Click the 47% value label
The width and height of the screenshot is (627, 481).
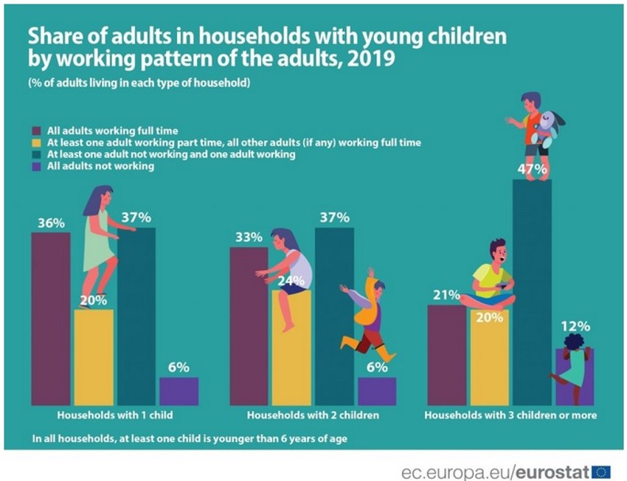(532, 170)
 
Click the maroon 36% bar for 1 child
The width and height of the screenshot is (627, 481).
(50, 317)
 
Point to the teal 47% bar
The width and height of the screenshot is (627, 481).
(532, 295)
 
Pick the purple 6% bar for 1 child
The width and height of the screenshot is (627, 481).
(179, 390)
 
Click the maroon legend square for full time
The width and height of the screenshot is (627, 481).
(37, 131)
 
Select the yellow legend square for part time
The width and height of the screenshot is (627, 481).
(37, 142)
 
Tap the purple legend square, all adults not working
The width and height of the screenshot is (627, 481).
(37, 167)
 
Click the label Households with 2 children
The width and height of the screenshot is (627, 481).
(313, 415)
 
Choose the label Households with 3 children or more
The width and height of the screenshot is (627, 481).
(510, 415)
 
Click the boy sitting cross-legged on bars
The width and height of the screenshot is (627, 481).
(490, 277)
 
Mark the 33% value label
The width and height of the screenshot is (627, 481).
(249, 238)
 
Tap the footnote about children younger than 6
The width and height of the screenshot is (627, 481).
(190, 438)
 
